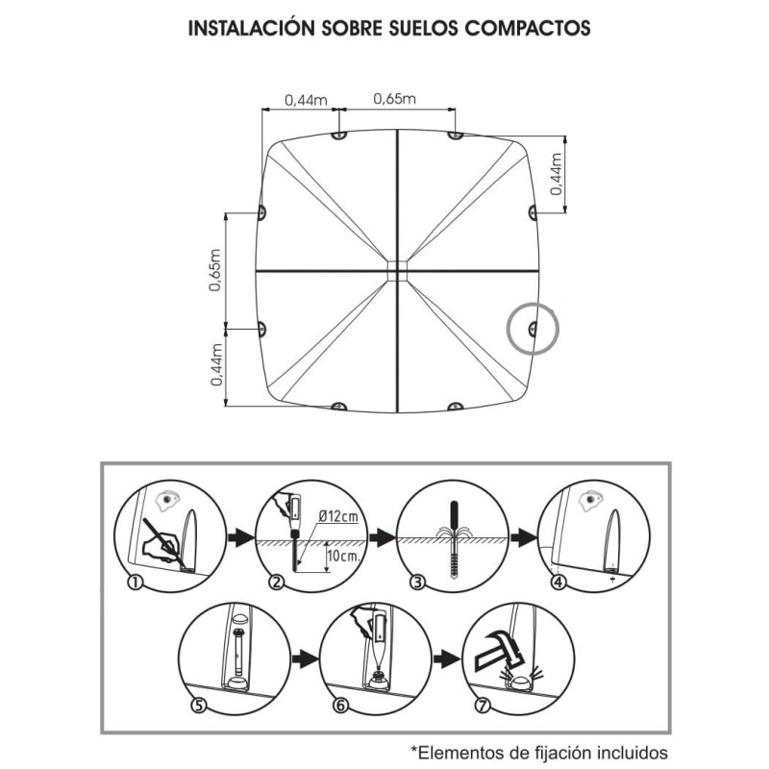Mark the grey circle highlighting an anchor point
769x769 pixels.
pos(533,330)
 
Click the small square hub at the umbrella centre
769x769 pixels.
pos(395,270)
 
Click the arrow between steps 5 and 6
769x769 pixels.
pos(304,658)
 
